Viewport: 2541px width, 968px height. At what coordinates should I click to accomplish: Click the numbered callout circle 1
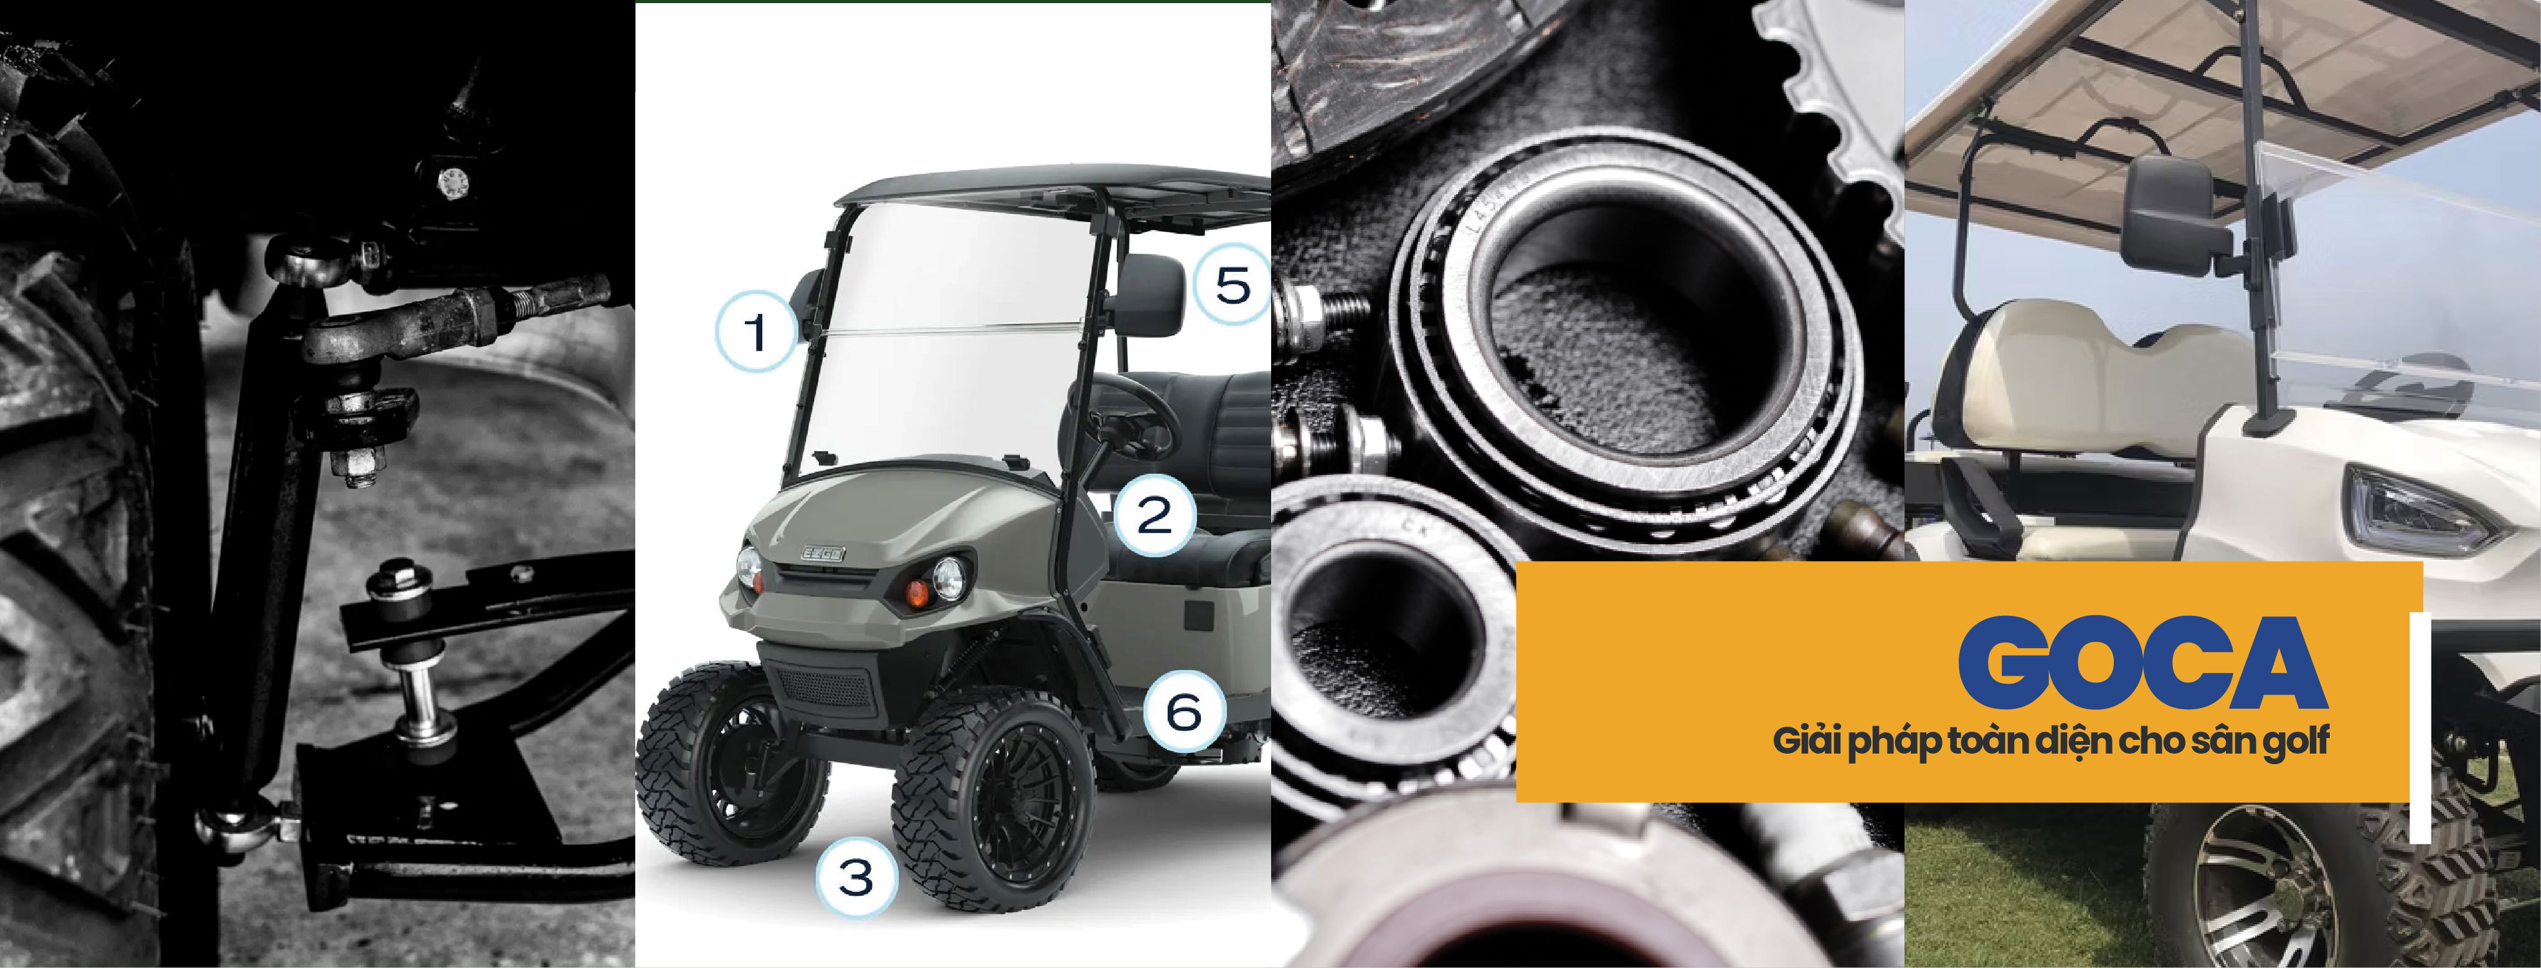coord(755,332)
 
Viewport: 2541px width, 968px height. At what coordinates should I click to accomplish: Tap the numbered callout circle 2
coord(1155,515)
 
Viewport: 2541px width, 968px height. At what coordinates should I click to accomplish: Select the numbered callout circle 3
coord(856,876)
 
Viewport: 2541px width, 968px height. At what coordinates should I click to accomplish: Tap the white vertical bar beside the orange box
coord(2420,728)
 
